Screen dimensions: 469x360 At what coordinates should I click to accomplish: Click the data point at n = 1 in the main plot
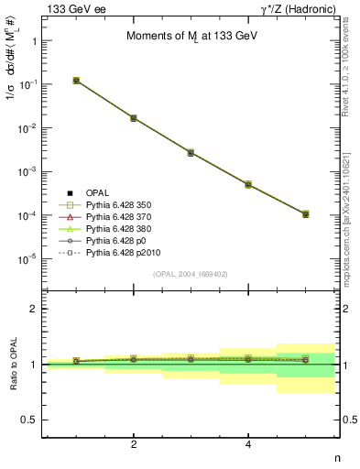76,81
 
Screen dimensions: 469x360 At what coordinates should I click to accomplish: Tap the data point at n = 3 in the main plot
191,152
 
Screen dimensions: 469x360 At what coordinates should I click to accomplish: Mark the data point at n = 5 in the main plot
305,214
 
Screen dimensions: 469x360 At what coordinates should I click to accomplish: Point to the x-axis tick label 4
248,444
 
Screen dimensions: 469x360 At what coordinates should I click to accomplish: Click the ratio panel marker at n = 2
134,359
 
